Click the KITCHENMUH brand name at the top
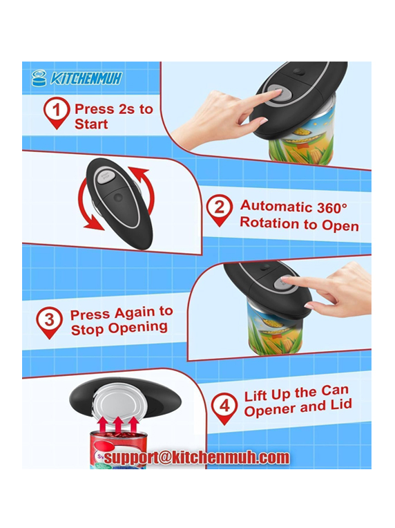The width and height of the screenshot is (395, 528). pos(86,79)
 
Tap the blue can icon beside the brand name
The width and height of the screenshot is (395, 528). pos(39,79)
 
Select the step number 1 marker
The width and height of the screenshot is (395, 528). pos(57,113)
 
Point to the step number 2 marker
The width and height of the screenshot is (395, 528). pos(220,210)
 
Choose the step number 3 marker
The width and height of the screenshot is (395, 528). pos(50,322)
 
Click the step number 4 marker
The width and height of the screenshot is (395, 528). pos(224,408)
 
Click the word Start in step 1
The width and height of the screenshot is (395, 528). pos(91,124)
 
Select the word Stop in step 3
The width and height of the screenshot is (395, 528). pos(87,329)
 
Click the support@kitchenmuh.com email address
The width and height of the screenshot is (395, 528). pos(197,458)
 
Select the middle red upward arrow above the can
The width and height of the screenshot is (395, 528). pos(119,425)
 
